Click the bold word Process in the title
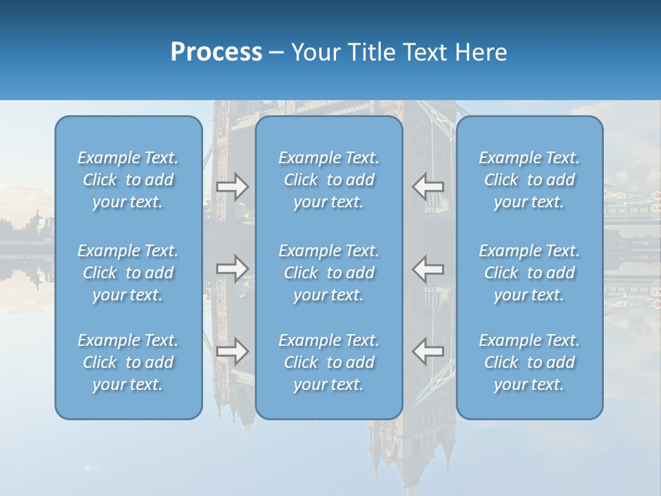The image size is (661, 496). click(x=216, y=52)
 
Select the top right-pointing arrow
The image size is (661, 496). click(x=233, y=187)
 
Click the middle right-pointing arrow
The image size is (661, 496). click(x=233, y=269)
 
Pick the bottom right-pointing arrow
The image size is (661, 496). click(x=233, y=351)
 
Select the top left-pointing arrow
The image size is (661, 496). click(x=428, y=187)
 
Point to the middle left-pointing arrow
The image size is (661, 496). click(x=428, y=269)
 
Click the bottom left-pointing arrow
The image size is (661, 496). click(x=428, y=351)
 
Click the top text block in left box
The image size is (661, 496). click(x=128, y=180)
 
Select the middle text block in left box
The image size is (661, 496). click(x=128, y=273)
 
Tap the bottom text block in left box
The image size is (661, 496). click(x=128, y=362)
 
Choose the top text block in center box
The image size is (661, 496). click(x=329, y=180)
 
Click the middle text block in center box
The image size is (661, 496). click(x=329, y=273)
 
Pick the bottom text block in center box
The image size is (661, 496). click(x=329, y=362)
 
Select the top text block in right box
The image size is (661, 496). click(x=529, y=180)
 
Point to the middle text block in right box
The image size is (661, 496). click(x=529, y=273)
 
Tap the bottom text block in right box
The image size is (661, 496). click(x=529, y=362)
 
